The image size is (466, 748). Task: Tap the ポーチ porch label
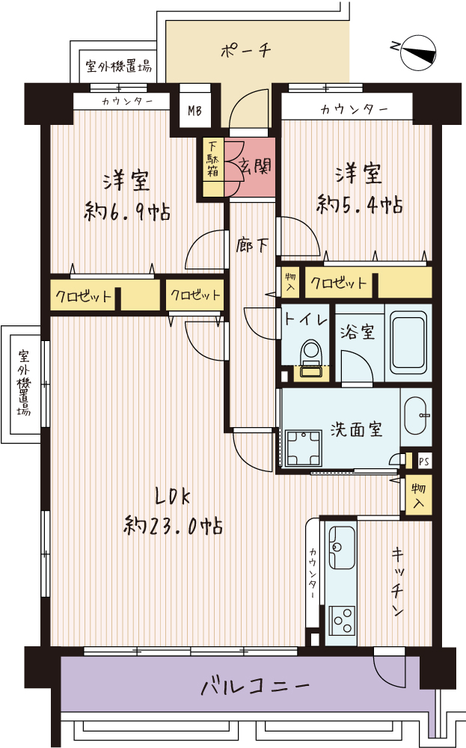pyautogui.click(x=246, y=49)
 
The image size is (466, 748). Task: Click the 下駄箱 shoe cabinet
pyautogui.click(x=212, y=167)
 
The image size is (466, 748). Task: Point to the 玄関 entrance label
pyautogui.click(x=255, y=166)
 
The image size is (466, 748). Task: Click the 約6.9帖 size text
pyautogui.click(x=127, y=211)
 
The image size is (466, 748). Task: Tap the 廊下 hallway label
pyautogui.click(x=252, y=245)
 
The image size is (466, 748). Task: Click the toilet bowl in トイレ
pyautogui.click(x=313, y=353)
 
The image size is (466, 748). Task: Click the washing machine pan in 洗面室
pyautogui.click(x=304, y=447)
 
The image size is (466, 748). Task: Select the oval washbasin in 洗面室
pyautogui.click(x=416, y=415)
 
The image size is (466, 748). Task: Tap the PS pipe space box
pyautogui.click(x=424, y=462)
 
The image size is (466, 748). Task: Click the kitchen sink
pyautogui.click(x=342, y=548)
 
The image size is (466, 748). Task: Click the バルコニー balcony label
pyautogui.click(x=255, y=687)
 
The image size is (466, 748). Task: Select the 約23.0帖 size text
pyautogui.click(x=173, y=525)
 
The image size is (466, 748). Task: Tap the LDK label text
pyautogui.click(x=173, y=497)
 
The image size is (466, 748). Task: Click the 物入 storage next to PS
pyautogui.click(x=419, y=495)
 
